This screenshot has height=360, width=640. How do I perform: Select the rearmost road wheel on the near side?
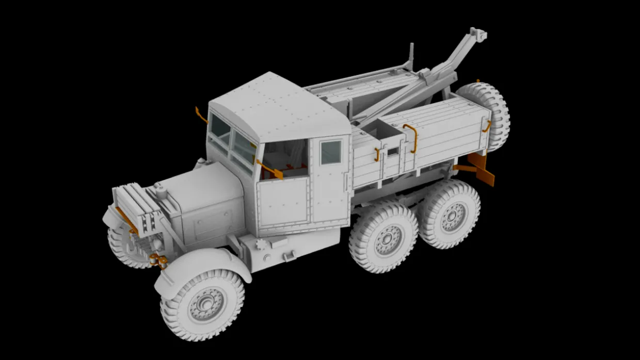click(x=451, y=214)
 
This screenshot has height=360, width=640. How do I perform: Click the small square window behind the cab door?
click(x=330, y=152)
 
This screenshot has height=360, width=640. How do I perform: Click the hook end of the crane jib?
click(x=478, y=35)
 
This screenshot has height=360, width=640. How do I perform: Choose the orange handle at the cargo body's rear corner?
click(x=486, y=126)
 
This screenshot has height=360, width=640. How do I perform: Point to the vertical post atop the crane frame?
click(x=411, y=56)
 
